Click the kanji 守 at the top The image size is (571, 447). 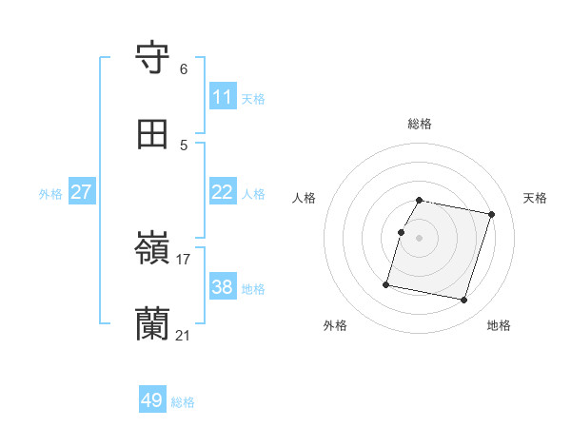[153, 58]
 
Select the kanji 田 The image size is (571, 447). [153, 134]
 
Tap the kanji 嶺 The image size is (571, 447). [153, 249]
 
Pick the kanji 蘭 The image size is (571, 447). [153, 324]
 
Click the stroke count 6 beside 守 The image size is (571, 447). [184, 69]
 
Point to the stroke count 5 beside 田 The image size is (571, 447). [184, 146]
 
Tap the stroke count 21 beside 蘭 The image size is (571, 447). [184, 336]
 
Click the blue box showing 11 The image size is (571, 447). [223, 97]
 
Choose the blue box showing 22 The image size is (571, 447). [223, 192]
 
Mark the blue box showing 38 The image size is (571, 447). [223, 287]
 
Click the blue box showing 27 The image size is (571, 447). [82, 192]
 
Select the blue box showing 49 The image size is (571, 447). [152, 400]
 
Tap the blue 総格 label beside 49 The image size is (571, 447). [183, 402]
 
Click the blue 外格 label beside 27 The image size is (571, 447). [50, 194]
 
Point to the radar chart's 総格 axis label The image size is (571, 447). [420, 124]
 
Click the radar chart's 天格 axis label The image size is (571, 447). [536, 198]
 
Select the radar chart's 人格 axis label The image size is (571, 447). [305, 198]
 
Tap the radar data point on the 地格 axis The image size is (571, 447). [463, 301]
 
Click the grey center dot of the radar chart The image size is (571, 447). [420, 238]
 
